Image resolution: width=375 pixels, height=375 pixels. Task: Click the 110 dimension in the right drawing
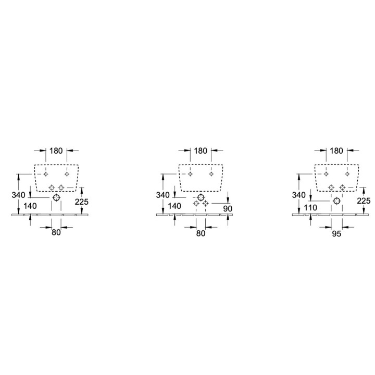[x=310, y=208]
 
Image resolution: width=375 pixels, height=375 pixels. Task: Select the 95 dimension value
[x=336, y=234]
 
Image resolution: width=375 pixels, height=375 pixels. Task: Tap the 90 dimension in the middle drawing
[x=228, y=209]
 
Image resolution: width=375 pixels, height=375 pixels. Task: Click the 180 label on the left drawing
[x=56, y=151]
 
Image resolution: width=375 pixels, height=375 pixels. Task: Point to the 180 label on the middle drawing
[x=201, y=151]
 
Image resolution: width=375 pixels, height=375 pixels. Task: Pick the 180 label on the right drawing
[x=336, y=151]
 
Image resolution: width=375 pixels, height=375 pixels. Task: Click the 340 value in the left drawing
[x=18, y=195]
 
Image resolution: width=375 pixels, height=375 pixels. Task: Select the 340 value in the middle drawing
[x=163, y=195]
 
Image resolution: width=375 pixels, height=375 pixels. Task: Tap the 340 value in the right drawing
[x=299, y=195]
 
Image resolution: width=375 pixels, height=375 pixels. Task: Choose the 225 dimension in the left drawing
[x=82, y=202]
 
